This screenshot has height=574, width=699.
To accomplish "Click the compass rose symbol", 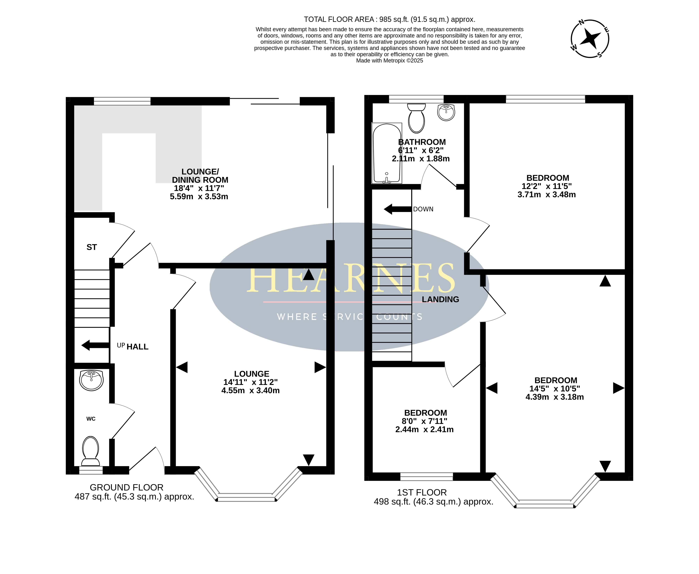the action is (x=590, y=39).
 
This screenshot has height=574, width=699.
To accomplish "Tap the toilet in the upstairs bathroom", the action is (x=416, y=118).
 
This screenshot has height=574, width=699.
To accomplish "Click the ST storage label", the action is (x=92, y=247).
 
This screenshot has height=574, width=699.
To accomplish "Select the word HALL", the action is (x=138, y=347).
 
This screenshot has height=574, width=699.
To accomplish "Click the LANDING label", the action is (x=440, y=299).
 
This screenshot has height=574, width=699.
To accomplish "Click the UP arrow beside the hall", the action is (x=95, y=345).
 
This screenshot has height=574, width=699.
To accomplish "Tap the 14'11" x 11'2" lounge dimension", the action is (x=250, y=382).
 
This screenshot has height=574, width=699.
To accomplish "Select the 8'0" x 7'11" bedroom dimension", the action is (x=424, y=421).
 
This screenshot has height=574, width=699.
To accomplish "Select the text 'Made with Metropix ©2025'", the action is (x=389, y=61).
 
